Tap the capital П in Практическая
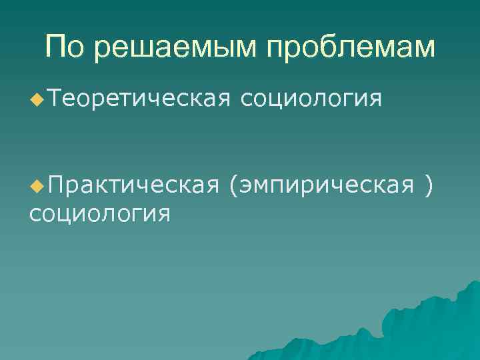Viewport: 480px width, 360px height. pyautogui.click(x=54, y=183)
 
